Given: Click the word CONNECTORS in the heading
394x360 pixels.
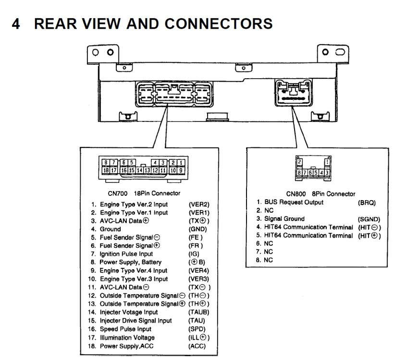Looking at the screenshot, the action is (x=218, y=24).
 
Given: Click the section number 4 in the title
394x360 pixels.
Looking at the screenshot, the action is (x=16, y=24).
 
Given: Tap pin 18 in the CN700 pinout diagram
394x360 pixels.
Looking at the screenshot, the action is (x=106, y=170).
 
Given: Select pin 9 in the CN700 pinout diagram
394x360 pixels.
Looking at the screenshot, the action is (x=181, y=170).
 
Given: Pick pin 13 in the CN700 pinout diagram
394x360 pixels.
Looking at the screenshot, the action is (x=147, y=170).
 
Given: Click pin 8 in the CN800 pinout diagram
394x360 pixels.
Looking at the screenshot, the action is (x=299, y=172).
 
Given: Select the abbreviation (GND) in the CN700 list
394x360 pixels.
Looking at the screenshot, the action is (x=198, y=229).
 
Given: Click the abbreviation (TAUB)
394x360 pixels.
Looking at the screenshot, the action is (x=199, y=312).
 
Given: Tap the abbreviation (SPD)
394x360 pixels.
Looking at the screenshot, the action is (x=197, y=329).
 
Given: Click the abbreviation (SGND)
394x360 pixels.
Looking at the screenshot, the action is (x=369, y=219).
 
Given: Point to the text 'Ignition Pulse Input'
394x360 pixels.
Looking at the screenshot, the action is (x=126, y=254).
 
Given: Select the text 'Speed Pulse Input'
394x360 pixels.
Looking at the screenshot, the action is (x=125, y=329).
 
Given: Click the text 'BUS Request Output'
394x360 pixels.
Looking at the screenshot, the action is (x=294, y=202).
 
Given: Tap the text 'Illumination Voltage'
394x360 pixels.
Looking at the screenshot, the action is (x=127, y=337).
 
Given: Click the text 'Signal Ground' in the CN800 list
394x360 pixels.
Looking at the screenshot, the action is (x=284, y=219).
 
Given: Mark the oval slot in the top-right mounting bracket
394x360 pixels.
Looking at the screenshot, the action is (x=340, y=52).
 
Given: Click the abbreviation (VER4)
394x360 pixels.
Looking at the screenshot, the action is (x=198, y=271).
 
